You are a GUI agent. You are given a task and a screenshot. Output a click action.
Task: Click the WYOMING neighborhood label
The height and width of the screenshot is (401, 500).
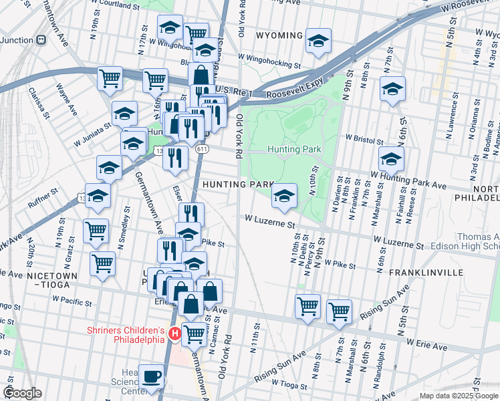pos(279,35)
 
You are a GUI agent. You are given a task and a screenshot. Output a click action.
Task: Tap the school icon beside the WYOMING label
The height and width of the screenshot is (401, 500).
pos(319,40)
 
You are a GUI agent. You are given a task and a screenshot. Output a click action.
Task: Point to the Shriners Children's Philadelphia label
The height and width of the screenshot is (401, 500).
pos(126,335)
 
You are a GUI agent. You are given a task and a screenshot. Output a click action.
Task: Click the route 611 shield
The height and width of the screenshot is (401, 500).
pos(201,149)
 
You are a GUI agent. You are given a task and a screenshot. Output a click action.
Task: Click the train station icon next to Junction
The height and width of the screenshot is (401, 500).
pos(42,39)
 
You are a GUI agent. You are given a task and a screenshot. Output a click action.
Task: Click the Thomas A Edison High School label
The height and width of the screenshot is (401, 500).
pos(477,242)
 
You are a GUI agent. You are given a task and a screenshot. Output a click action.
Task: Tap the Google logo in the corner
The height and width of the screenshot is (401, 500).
pos(22,393)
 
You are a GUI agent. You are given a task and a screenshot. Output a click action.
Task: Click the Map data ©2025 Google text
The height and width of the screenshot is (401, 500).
pos(458,396)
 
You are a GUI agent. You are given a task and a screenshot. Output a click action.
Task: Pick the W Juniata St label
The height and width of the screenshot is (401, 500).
pos(88,124)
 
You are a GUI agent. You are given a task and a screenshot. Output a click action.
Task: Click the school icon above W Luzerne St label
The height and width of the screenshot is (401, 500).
pos(284,196)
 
